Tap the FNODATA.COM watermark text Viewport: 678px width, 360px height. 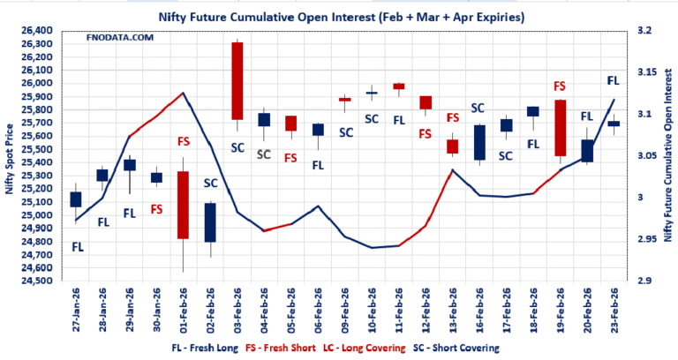[x=119, y=37]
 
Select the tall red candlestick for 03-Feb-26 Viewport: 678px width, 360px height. [x=237, y=80]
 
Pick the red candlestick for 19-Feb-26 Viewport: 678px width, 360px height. [x=560, y=128]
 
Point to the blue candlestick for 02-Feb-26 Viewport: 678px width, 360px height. [x=210, y=222]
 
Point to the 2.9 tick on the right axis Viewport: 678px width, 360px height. [x=644, y=281]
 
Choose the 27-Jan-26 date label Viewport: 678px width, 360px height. [x=76, y=311]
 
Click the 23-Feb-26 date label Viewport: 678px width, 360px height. [x=614, y=311]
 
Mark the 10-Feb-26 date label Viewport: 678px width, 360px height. [x=372, y=311]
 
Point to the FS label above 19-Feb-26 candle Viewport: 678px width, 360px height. [x=559, y=86]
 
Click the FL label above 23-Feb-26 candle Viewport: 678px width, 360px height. [x=614, y=80]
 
